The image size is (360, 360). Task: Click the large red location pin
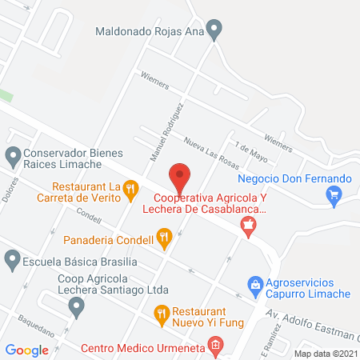[180, 175]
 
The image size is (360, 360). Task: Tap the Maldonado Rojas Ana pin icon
[214, 32]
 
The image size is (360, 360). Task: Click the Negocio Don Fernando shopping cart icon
[334, 194]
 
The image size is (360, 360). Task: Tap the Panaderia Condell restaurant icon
[164, 236]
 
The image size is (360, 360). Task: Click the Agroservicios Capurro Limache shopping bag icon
[255, 284]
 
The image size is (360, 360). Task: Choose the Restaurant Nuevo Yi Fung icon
[161, 312]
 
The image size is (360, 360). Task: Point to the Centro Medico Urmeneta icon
[214, 346]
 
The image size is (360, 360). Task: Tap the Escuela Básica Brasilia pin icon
[13, 258]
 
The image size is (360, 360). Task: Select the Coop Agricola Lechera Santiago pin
[76, 305]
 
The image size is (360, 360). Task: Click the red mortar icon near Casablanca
[249, 230]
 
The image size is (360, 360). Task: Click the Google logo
[27, 350]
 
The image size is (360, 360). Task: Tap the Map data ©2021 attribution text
[325, 353]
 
